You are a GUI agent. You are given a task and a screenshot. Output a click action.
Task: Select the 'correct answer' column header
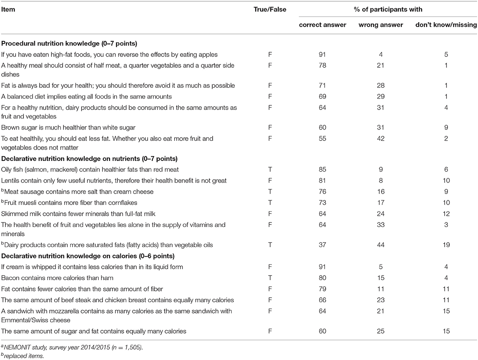click(x=323, y=25)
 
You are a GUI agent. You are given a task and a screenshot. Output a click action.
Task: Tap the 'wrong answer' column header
click(x=381, y=25)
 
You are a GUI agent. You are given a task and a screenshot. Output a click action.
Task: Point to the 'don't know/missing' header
click(x=446, y=25)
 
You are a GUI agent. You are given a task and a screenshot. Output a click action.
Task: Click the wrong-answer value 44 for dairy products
click(x=381, y=245)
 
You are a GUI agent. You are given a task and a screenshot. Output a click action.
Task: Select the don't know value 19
click(x=447, y=245)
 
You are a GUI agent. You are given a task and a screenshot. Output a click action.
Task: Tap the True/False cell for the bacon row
click(x=271, y=277)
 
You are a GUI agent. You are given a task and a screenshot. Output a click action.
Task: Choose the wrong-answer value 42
click(x=381, y=138)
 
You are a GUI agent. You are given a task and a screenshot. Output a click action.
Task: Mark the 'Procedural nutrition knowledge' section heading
click(x=67, y=43)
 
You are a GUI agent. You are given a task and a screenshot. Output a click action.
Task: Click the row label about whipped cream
click(x=92, y=266)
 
